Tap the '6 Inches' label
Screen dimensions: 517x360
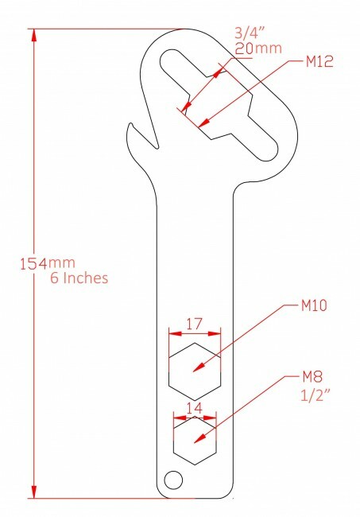click(x=71, y=279)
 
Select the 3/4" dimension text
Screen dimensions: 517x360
click(x=248, y=33)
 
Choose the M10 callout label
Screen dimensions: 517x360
click(x=317, y=305)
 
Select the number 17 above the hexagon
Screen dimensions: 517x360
click(x=193, y=325)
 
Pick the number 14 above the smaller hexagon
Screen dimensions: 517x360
click(x=195, y=407)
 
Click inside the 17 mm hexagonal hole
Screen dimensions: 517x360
click(x=194, y=371)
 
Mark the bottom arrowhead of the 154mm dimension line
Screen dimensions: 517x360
click(x=33, y=494)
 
